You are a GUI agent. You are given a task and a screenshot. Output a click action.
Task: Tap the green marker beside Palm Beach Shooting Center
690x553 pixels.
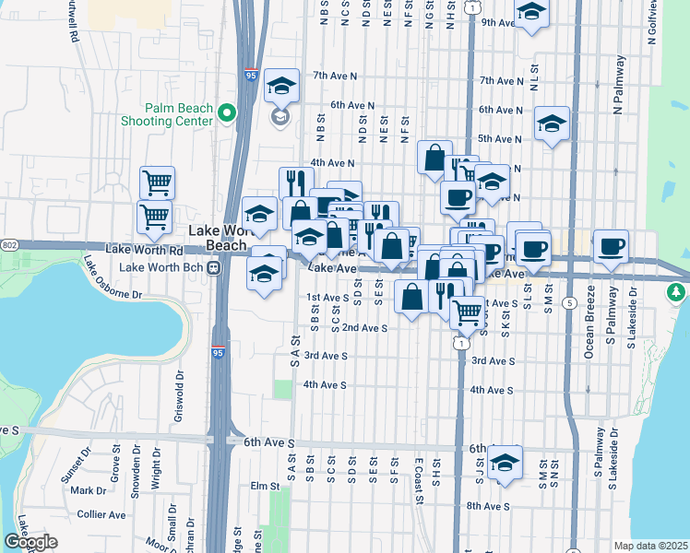pyautogui.click(x=226, y=113)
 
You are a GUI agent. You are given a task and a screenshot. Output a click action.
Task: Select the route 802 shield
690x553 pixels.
pyautogui.click(x=8, y=244)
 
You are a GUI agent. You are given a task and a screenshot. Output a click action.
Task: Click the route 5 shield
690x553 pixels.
pyautogui.click(x=571, y=303)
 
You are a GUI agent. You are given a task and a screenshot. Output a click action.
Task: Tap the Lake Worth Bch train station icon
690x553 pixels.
pyautogui.click(x=213, y=268)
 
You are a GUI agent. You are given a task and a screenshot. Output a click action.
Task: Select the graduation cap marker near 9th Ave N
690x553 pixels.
pyautogui.click(x=532, y=13)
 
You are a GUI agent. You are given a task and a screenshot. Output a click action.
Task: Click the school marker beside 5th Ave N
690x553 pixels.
pyautogui.click(x=552, y=124)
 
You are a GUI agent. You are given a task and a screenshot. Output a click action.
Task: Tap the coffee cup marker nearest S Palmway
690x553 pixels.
pyautogui.click(x=611, y=247)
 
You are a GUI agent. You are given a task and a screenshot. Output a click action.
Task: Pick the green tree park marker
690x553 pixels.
pyautogui.click(x=677, y=291)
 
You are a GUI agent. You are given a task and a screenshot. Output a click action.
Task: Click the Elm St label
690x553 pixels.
pyautogui.click(x=264, y=486)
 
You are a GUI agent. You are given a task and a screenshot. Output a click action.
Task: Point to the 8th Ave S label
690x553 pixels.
pyautogui.click(x=488, y=506)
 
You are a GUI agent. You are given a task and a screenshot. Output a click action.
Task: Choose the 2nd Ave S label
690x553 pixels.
pyautogui.click(x=364, y=327)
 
